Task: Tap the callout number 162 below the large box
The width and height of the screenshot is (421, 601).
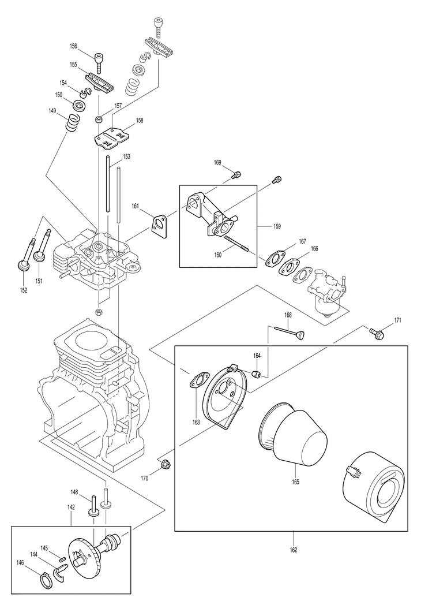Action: point(293,550)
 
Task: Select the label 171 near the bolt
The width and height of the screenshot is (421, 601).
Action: point(397,320)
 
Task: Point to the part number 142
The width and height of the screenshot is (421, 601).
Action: point(71,507)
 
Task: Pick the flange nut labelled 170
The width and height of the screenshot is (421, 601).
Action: point(166,464)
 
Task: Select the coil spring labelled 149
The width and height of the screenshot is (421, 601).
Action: point(72,122)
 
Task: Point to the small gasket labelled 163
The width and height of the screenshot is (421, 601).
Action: point(197,380)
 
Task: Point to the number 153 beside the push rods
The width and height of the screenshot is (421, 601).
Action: point(126,157)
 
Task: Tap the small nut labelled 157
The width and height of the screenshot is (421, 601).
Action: point(99,119)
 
